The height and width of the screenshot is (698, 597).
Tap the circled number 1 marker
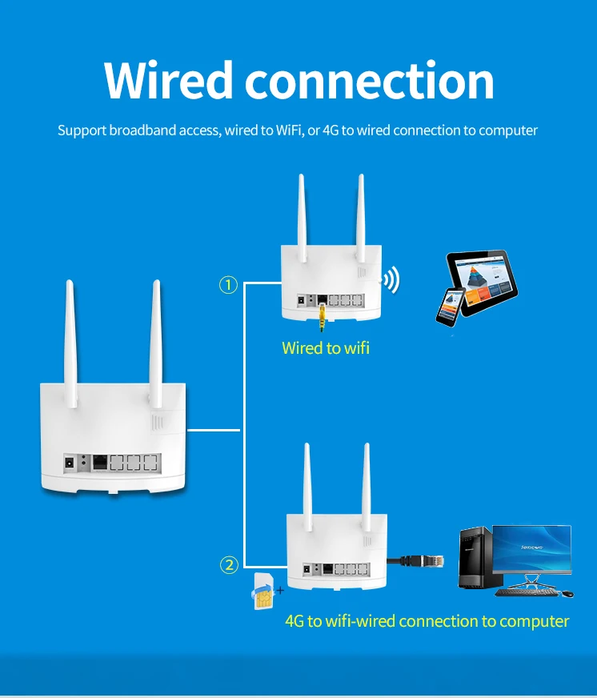click(229, 284)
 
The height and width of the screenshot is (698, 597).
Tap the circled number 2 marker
click(229, 565)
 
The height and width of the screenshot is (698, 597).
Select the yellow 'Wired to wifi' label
click(326, 348)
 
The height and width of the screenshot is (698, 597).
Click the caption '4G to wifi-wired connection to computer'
click(427, 621)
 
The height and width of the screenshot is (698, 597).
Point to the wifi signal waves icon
click(390, 280)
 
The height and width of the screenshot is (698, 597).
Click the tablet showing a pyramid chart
click(481, 278)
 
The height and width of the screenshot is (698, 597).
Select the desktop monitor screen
click(531, 549)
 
